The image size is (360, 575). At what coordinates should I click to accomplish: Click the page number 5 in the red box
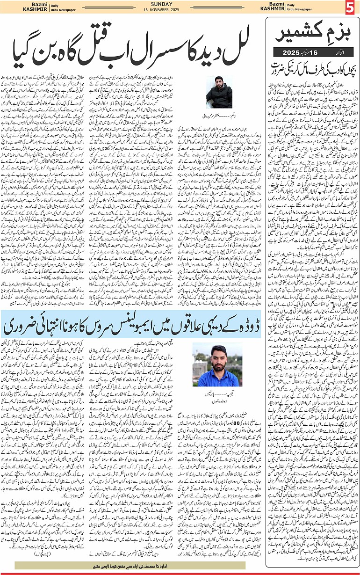[x=352, y=7]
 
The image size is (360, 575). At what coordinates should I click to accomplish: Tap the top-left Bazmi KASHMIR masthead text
[x=16, y=7]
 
